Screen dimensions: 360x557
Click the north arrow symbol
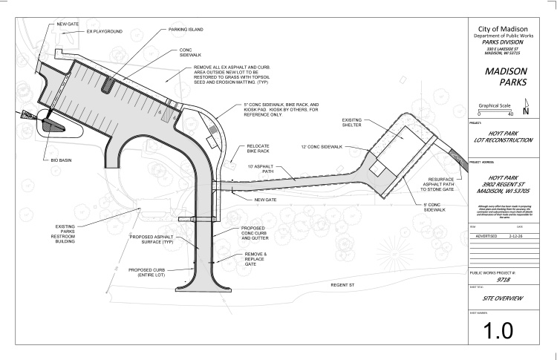[x=526, y=109]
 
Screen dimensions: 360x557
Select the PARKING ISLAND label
[x=185, y=30]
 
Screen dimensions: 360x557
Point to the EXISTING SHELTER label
[x=353, y=122]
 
